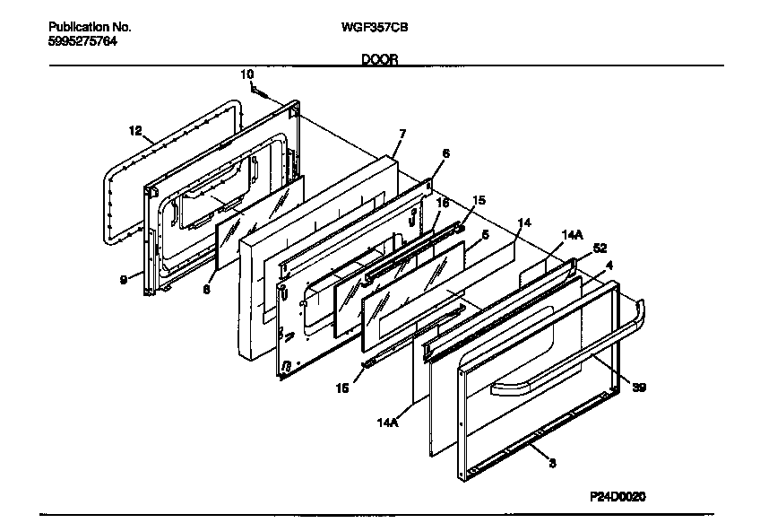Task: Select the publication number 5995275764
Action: [x=82, y=41]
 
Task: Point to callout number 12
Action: [x=134, y=130]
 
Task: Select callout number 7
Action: [x=402, y=134]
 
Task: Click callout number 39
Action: [x=637, y=388]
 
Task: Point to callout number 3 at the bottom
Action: [x=552, y=464]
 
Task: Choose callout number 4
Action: [x=609, y=266]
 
